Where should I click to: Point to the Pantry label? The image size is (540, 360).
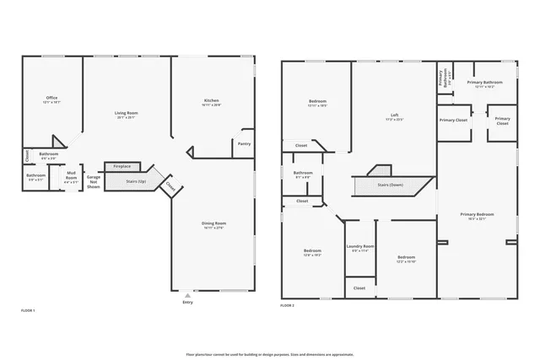[245, 143]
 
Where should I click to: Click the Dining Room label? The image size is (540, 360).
[213, 224]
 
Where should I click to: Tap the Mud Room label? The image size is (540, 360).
[72, 177]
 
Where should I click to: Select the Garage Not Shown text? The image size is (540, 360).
[94, 181]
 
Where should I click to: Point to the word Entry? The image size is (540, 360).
[187, 303]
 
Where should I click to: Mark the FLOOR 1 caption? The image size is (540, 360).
[28, 310]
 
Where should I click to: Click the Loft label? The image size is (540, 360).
[394, 116]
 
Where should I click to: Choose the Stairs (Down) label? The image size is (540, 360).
[390, 184]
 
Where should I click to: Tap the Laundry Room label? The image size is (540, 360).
[359, 248]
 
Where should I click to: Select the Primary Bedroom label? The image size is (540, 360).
[478, 215]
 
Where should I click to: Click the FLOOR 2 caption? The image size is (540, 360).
[288, 305]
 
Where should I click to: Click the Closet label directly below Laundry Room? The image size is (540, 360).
[359, 287]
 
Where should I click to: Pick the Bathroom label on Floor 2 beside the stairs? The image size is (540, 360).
[302, 175]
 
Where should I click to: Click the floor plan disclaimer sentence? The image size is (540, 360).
[270, 354]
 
